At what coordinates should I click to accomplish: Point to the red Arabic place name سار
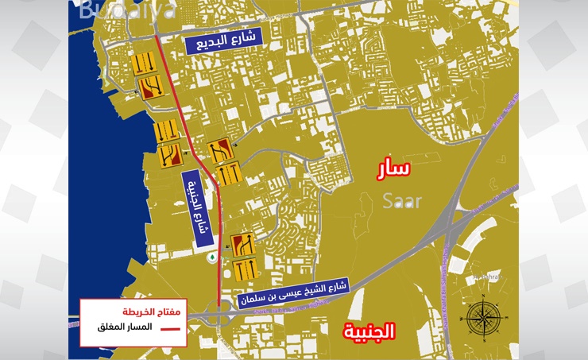coord(394,168)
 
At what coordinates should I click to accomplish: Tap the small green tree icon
coord(212,257)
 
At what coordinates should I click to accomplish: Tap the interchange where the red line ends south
coord(220,315)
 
